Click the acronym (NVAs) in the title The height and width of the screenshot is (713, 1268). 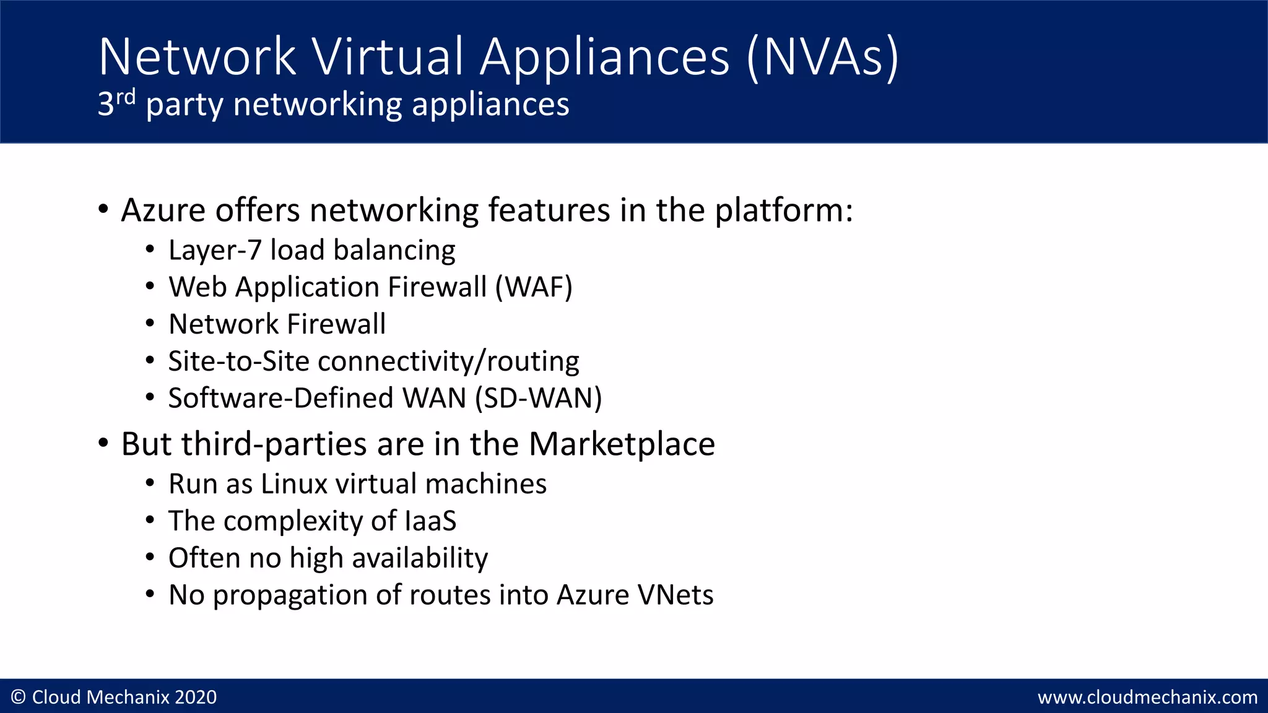pos(822,58)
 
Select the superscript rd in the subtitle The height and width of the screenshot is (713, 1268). pos(126,97)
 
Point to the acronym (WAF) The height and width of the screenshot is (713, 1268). pos(534,287)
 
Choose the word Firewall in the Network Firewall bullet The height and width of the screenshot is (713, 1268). pos(336,324)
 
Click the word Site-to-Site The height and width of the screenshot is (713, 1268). pos(238,361)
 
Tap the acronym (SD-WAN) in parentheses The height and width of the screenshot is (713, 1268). pos(539,398)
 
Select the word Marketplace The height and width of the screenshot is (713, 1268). pos(622,444)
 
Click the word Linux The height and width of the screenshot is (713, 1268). pos(294,484)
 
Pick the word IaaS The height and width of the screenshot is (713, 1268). pos(430,521)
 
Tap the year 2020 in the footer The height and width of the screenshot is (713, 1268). pos(196,698)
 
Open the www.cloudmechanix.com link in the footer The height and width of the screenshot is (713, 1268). pos(1147,698)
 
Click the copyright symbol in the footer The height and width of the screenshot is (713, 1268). pos(19,698)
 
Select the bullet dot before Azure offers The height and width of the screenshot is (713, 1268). pos(103,209)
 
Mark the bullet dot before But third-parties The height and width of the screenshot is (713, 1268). pos(103,443)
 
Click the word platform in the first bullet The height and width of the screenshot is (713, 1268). pos(783,210)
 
